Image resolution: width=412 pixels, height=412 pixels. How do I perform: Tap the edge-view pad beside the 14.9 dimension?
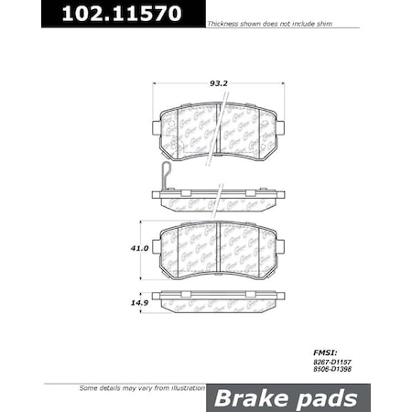219,299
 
